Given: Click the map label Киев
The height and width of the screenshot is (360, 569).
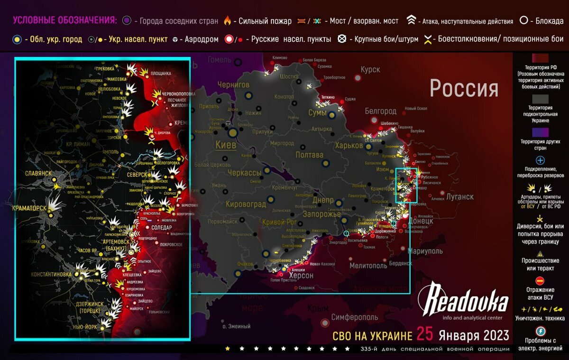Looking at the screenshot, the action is [x=226, y=145].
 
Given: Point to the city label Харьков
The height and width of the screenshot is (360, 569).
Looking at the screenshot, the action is [x=349, y=146].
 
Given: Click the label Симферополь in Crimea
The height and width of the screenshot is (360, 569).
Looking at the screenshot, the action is [x=355, y=317].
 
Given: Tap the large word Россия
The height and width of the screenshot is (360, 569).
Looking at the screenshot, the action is [x=464, y=88].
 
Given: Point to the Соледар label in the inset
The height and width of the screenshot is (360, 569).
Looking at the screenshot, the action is [x=162, y=228].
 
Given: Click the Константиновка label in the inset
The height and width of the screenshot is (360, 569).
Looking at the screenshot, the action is [x=51, y=275].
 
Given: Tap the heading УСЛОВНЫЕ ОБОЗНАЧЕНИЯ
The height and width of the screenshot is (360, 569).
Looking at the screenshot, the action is [x=64, y=20].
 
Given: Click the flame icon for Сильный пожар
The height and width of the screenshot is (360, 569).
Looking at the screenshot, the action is [x=228, y=21].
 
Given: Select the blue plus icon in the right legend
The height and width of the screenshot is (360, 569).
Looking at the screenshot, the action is [x=540, y=161].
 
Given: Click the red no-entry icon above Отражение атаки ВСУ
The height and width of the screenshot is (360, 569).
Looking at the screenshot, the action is [x=540, y=281].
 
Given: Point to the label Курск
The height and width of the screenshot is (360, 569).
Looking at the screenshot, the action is [x=370, y=70].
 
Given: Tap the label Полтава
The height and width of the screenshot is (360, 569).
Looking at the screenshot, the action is [x=309, y=155].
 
